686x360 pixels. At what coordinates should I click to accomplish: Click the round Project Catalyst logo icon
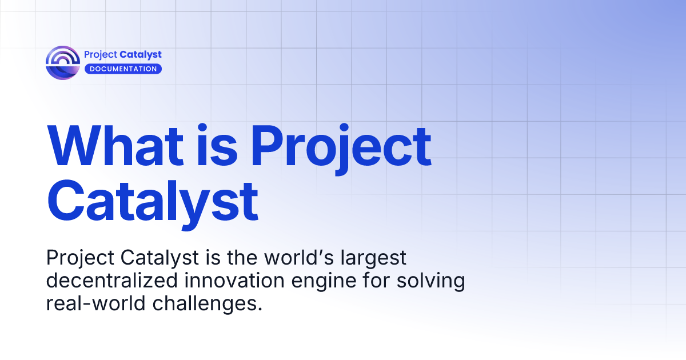[x=62, y=62]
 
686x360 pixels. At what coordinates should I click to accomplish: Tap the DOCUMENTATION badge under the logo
[x=123, y=69]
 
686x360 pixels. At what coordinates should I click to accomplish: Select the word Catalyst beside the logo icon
[x=141, y=55]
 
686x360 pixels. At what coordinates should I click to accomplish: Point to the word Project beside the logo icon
[x=101, y=55]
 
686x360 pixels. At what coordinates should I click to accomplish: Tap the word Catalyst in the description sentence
[x=160, y=258]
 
